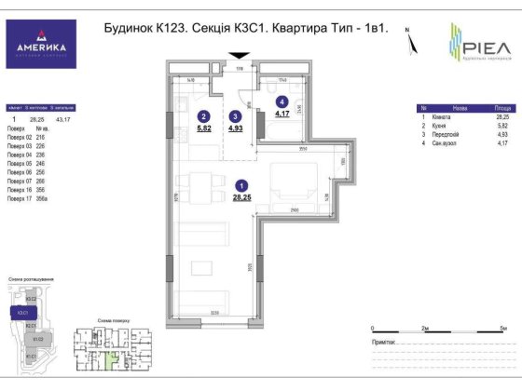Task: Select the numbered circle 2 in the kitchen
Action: tap(202, 115)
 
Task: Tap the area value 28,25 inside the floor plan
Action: tap(241, 196)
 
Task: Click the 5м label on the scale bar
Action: tap(502, 329)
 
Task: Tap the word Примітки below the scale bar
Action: tap(385, 343)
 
